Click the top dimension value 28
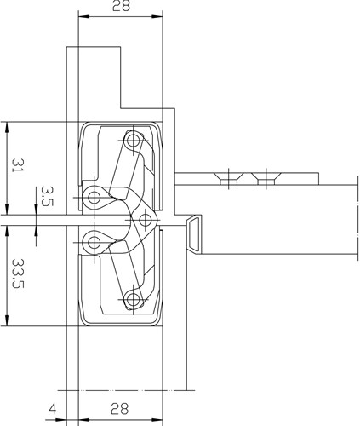(121, 6)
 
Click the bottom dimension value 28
(119, 409)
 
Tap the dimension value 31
(18, 165)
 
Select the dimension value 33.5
(18, 273)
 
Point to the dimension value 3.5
(47, 196)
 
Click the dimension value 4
(53, 409)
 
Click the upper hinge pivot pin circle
(133, 141)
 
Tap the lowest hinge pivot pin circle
(133, 300)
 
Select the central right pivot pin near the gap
(146, 220)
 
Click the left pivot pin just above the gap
(94, 198)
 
